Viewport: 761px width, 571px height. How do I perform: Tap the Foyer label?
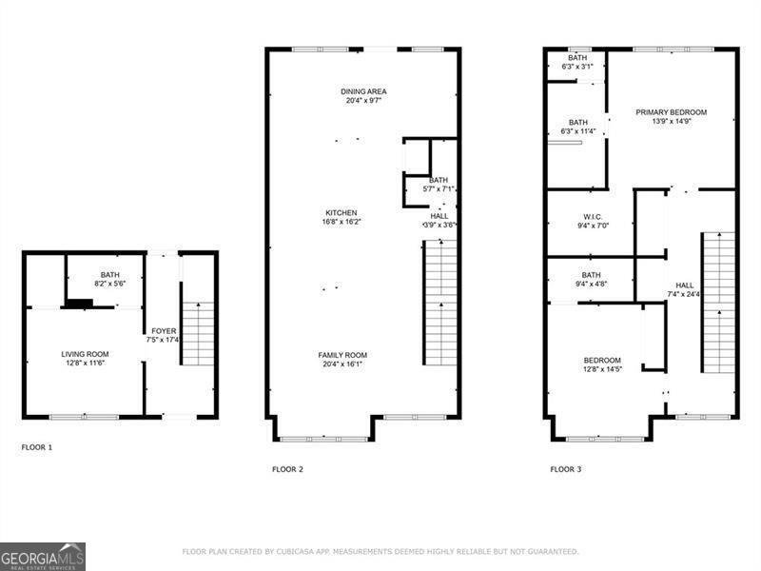click(x=164, y=331)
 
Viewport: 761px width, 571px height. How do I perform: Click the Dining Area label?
click(x=363, y=92)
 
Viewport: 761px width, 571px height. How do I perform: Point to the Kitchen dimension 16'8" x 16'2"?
click(x=341, y=221)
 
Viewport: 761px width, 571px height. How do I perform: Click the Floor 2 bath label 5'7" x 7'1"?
click(x=439, y=188)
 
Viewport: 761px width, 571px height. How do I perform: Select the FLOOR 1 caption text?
click(x=37, y=446)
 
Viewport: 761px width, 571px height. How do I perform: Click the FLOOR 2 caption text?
click(x=287, y=469)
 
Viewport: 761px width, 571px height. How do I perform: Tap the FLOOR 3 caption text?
click(x=566, y=469)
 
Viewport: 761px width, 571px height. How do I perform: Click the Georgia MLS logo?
click(x=43, y=556)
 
